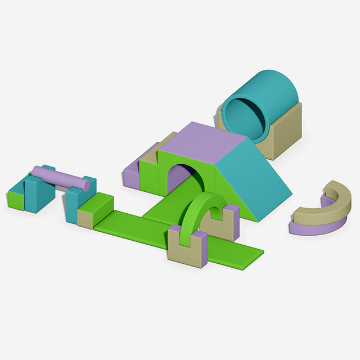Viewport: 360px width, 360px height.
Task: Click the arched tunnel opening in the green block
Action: [181, 177]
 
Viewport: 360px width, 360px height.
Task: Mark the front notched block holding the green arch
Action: [187, 247]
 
